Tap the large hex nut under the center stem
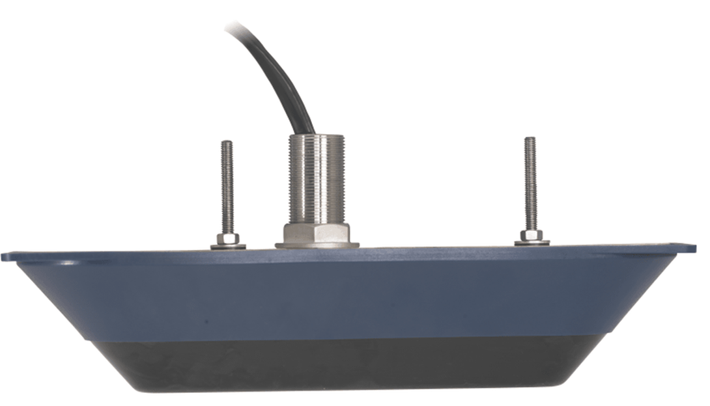[x=317, y=231]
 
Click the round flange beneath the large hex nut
[x=317, y=245]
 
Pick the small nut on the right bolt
[x=532, y=235]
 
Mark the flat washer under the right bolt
[x=532, y=243]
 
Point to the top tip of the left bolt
[x=226, y=142]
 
